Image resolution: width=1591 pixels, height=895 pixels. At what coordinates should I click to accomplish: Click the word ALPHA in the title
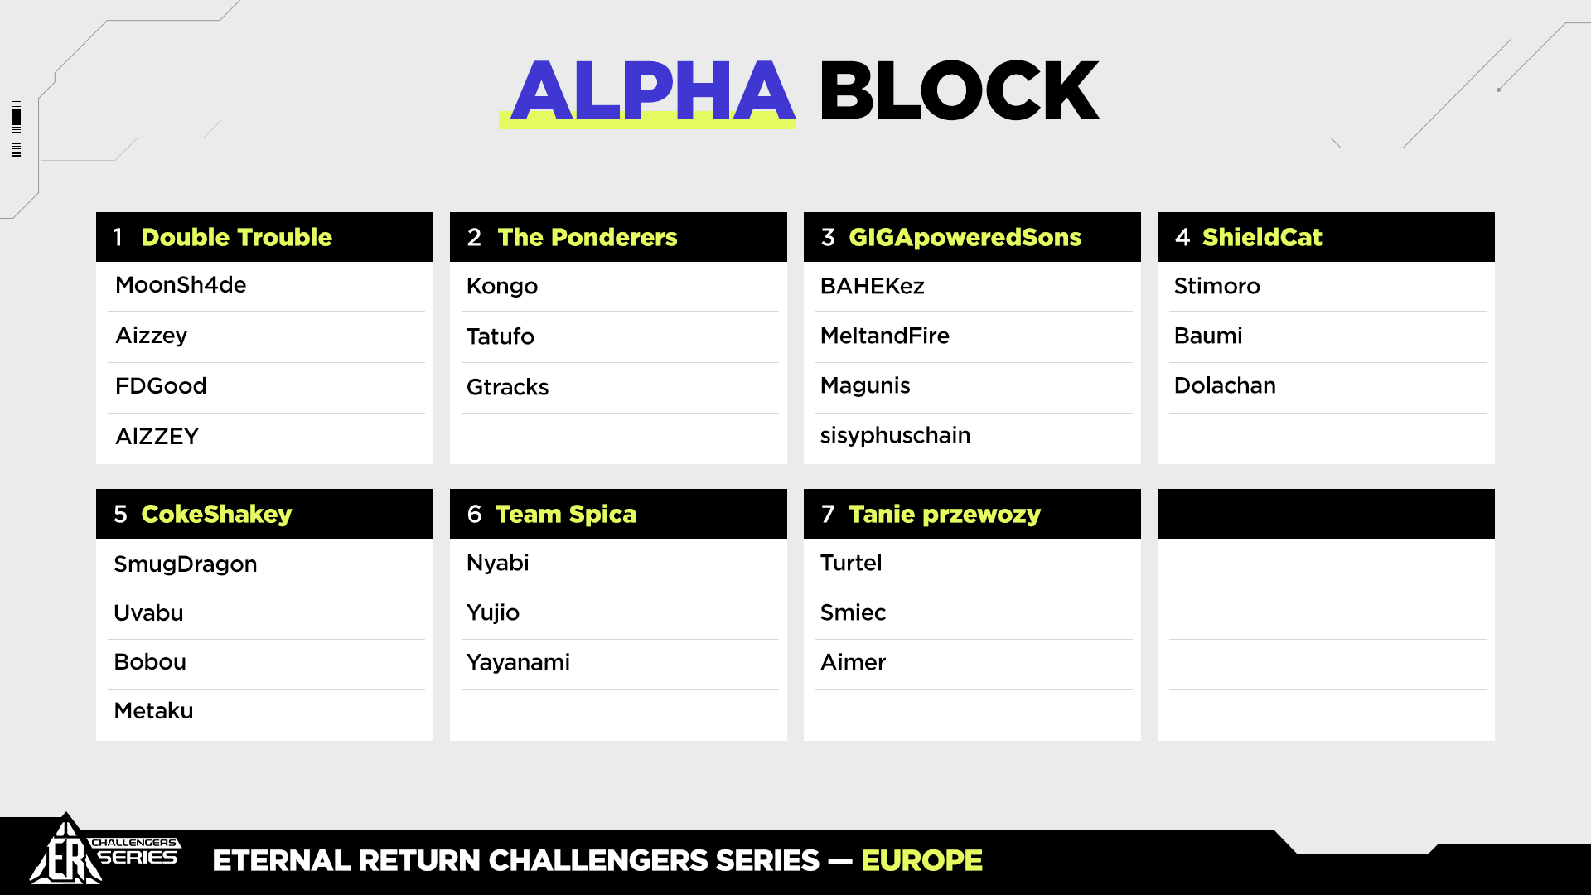point(653,90)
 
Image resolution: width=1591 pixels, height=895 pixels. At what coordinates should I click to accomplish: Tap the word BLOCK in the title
point(960,90)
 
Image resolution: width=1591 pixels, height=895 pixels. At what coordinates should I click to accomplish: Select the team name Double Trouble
point(236,237)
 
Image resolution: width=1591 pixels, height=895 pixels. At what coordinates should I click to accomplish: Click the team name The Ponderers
point(588,237)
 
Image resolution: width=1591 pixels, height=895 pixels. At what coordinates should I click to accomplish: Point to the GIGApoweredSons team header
point(965,238)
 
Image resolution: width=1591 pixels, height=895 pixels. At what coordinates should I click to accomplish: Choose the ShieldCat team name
point(1262,237)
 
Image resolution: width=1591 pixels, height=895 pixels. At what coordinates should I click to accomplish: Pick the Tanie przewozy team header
point(945,515)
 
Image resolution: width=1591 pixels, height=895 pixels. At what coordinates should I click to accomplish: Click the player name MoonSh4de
point(181,285)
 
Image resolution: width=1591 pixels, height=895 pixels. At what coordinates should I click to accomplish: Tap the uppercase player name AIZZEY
point(157,437)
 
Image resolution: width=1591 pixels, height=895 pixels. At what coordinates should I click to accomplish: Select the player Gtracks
point(507,387)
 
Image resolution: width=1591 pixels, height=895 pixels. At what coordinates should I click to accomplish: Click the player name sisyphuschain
point(895,436)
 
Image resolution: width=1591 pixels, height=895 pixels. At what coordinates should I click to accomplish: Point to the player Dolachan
point(1225,385)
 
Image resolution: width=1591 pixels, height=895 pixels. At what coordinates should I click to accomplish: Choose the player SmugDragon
point(185,564)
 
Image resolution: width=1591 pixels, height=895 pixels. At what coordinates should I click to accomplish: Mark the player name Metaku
point(153,711)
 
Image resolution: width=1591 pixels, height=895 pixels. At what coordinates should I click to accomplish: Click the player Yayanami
point(518,663)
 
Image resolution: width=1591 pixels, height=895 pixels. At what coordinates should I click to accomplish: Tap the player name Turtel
point(851,563)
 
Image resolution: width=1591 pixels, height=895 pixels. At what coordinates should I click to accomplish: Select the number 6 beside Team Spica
point(474,514)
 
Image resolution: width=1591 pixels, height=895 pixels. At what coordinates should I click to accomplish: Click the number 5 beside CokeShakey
point(120,514)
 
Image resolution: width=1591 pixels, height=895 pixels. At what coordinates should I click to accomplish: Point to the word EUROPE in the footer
point(921,861)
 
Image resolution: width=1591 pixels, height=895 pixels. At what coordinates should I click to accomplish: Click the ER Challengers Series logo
point(104,851)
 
